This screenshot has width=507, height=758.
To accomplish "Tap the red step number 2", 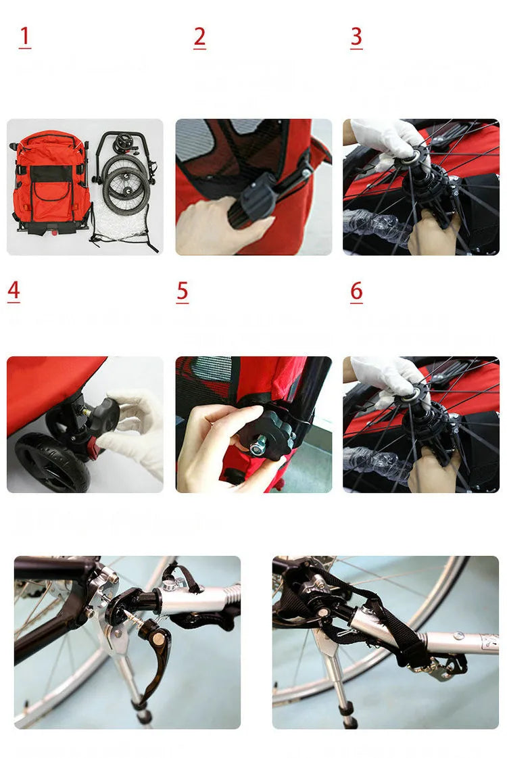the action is click(199, 37).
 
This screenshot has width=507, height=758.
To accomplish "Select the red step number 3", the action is click(356, 37).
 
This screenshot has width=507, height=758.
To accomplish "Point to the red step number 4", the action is click(14, 291).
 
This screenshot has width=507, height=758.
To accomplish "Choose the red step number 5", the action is click(183, 291).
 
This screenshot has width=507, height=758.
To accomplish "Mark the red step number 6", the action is click(356, 291).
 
